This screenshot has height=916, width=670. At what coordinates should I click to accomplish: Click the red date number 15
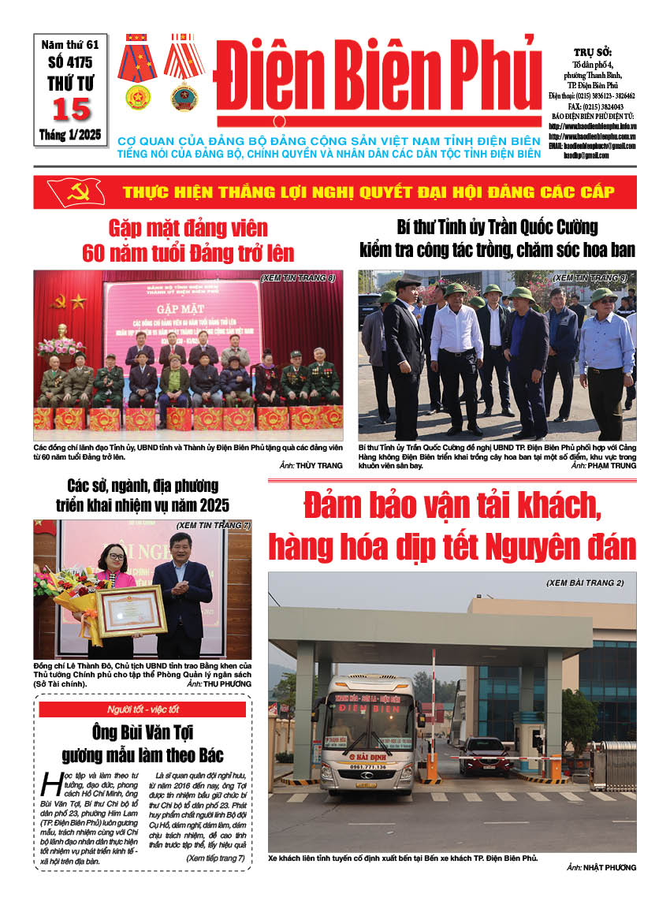pos(71,109)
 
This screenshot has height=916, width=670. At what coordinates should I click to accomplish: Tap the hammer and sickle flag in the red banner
pos(76,192)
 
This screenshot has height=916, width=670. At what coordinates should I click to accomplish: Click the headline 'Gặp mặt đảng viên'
pos(188,229)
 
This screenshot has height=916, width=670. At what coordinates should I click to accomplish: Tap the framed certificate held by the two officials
pos(132,611)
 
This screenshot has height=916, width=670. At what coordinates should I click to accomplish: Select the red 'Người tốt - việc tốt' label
pos(143,709)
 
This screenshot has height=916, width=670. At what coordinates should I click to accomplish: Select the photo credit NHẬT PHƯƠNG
pos(610,867)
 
